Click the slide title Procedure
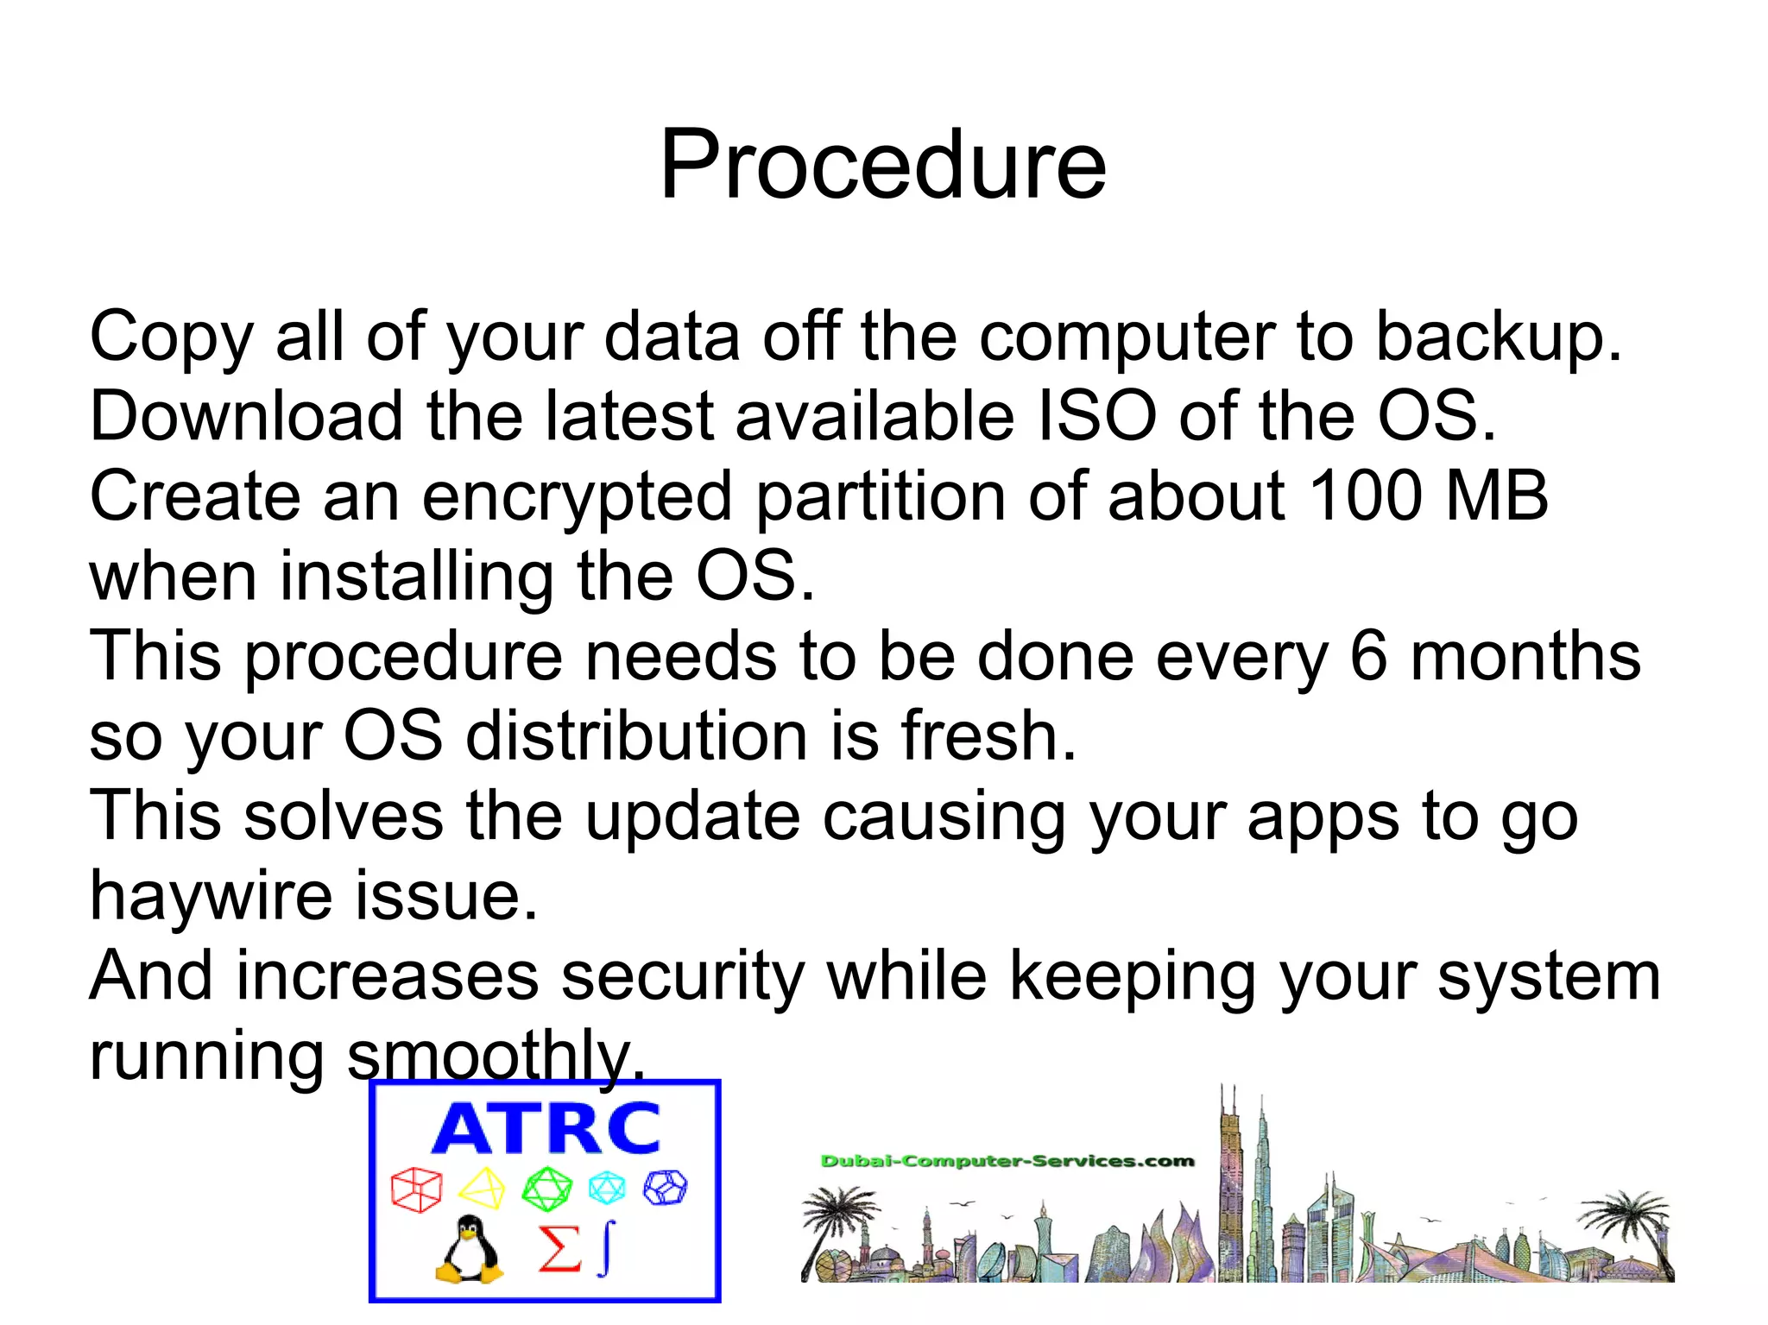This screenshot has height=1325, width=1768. coord(882,164)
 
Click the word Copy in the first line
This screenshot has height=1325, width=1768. coord(171,337)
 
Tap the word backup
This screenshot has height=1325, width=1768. coord(1498,337)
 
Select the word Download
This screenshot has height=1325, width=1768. coord(246,416)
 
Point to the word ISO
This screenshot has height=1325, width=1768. coord(1096,416)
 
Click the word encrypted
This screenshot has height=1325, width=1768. coord(577,497)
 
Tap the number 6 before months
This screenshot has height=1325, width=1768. coord(1367,656)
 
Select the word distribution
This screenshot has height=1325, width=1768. coord(636,736)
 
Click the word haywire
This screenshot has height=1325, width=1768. coord(211,896)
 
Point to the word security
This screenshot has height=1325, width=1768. coord(682,976)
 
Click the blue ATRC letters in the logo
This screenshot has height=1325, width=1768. coord(546,1128)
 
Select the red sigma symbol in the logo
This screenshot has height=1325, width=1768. coord(559,1249)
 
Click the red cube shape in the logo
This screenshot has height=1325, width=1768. coord(416,1189)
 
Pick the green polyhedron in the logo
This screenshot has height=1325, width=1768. coord(546,1189)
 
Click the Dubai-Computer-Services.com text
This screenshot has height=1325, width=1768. coord(1007,1161)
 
